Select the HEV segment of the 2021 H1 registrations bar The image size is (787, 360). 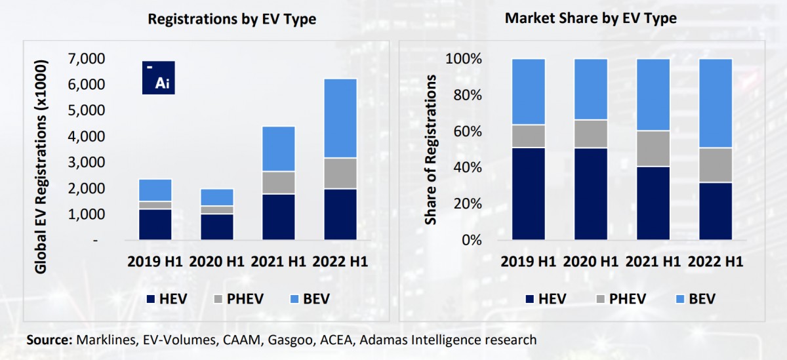(278, 216)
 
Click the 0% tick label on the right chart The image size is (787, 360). (471, 240)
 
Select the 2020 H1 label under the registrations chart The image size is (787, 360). (216, 262)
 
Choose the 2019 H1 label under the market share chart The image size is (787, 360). (529, 262)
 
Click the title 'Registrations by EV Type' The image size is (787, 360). (232, 19)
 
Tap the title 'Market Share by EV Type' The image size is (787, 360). (590, 18)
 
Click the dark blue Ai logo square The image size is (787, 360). (159, 77)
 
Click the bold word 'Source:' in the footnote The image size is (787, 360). (50, 340)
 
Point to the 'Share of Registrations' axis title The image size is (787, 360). (431, 150)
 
